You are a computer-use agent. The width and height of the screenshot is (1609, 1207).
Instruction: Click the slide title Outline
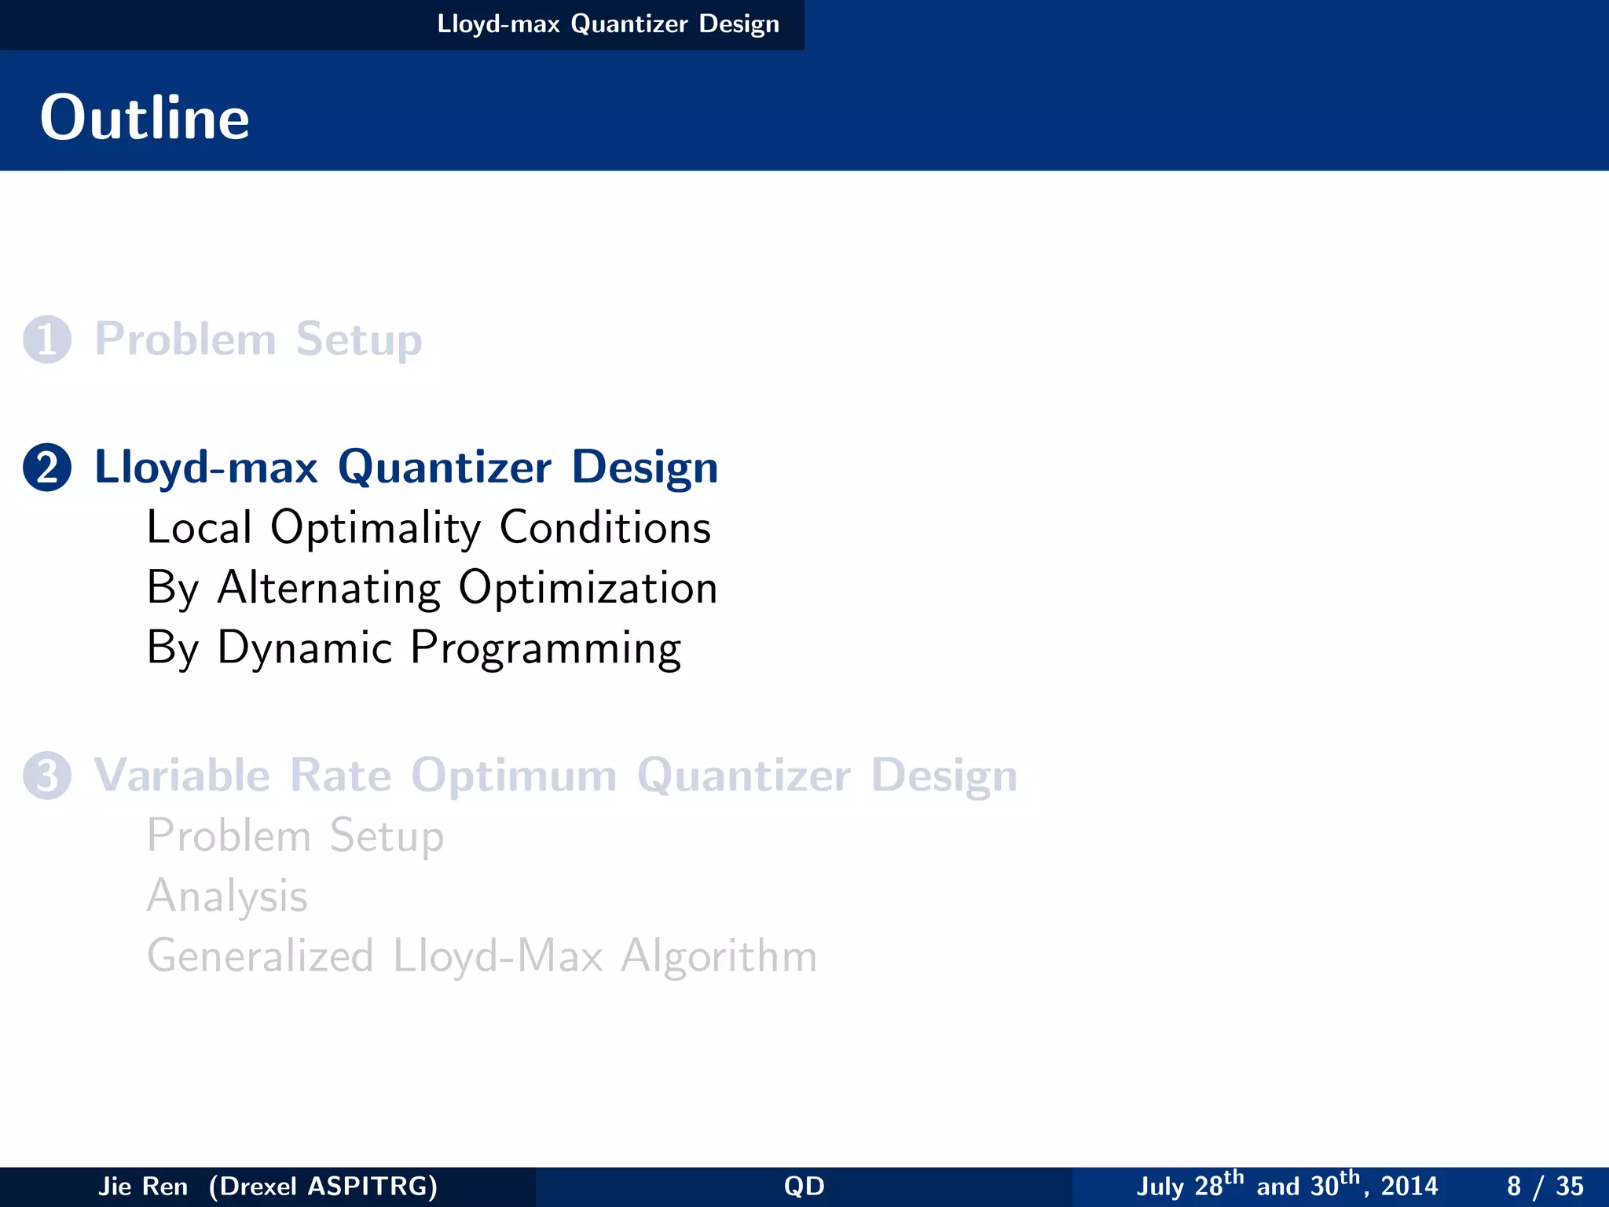tap(145, 118)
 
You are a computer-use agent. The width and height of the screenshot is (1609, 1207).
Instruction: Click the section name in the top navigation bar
tap(607, 24)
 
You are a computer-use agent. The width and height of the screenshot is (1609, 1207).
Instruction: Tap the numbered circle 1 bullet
tap(47, 339)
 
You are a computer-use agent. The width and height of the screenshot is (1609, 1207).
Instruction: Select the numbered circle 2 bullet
tap(47, 468)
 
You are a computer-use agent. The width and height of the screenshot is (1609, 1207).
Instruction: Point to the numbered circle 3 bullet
tap(47, 776)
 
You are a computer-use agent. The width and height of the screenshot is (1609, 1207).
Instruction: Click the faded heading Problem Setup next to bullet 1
tap(258, 339)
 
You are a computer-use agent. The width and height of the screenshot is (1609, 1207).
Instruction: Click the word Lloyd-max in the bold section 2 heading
tap(206, 468)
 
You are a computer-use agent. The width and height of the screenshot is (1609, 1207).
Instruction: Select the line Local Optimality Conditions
tap(429, 527)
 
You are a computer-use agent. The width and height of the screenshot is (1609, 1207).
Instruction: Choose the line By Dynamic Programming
tap(414, 648)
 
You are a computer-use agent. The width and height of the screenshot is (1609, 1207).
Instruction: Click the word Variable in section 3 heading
tap(181, 776)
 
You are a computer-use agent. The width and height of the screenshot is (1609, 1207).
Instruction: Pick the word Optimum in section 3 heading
tap(514, 776)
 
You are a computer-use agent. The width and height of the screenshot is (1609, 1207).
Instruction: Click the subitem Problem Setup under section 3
tap(295, 835)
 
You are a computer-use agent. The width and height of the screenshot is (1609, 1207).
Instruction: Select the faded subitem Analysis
tap(227, 896)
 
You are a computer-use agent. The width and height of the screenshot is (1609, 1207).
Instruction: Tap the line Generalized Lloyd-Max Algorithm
tap(482, 956)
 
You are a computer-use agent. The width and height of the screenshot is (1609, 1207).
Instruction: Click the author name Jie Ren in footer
tap(142, 1186)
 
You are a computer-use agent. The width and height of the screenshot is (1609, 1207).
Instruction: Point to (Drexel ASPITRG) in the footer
tap(323, 1186)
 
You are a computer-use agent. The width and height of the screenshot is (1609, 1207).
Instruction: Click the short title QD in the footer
tap(804, 1186)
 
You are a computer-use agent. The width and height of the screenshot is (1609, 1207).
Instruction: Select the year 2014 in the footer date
tap(1409, 1186)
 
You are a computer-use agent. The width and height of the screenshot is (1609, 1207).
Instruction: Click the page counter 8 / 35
tap(1545, 1186)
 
